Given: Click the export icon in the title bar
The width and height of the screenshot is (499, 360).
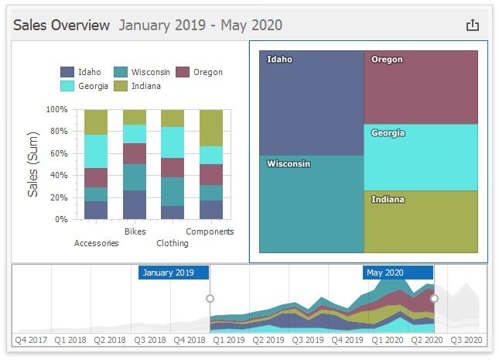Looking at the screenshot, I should pos(473,25).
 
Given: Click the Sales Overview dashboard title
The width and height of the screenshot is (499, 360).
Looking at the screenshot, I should pos(62,25).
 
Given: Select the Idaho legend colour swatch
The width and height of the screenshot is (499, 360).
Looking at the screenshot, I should pos(68,72).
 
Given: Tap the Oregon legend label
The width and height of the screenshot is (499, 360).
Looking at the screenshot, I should pos(208,72).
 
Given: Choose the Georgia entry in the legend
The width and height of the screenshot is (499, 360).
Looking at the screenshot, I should pos(93,86).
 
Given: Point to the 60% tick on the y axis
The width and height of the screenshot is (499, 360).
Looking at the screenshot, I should pos(58,153).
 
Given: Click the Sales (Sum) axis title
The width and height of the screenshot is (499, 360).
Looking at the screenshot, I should pos(33,163).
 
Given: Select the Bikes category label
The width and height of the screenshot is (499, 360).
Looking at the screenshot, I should pos(135,231).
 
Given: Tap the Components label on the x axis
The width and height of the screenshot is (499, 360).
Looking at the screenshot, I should pos(210,231).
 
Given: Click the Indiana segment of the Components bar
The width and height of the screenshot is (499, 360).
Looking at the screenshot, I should pos(211,128).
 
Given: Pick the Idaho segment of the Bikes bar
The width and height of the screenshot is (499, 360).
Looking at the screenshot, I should pos(135,204).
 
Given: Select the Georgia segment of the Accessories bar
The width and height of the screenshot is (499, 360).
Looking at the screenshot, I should pos(96,151).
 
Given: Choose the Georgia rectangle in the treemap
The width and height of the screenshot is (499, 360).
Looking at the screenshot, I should pos(420,157).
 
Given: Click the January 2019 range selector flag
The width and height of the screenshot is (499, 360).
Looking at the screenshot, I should pos(173,273).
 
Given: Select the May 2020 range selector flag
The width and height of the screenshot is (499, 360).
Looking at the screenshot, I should pos(398,273).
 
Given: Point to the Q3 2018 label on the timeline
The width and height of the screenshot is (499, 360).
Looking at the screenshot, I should pos(151,339).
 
